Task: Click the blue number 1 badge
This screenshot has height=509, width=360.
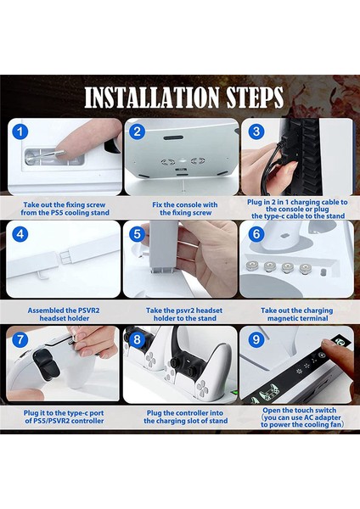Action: tap(20, 131)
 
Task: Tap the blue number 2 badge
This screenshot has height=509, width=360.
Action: tap(137, 131)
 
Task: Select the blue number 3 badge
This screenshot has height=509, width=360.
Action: tap(256, 131)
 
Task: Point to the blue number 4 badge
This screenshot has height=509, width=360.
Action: tap(20, 234)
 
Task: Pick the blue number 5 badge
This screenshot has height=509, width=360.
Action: tap(137, 234)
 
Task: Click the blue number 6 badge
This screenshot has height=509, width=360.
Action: tap(256, 234)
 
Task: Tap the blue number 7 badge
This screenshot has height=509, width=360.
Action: tap(20, 339)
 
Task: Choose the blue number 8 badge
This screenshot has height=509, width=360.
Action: tap(137, 339)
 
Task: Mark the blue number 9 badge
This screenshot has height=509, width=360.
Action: tap(256, 339)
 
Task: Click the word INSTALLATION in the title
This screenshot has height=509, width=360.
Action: tap(152, 98)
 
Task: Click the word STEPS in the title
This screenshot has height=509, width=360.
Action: tap(255, 98)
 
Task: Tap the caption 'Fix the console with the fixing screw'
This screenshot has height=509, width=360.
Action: tap(185, 209)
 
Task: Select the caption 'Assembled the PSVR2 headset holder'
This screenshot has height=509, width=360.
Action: tap(64, 314)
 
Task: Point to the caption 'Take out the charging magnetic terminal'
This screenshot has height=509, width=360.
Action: tap(297, 314)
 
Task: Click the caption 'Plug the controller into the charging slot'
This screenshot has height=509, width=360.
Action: tap(186, 417)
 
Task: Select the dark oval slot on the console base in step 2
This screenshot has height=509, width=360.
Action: tap(173, 138)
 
